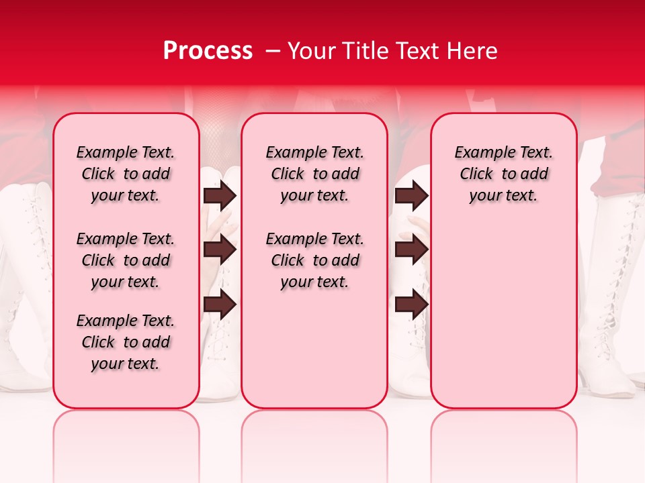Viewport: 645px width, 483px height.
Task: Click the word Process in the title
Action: click(x=208, y=51)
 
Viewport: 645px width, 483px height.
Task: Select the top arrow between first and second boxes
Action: click(x=220, y=196)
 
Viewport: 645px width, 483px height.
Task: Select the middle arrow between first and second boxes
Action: click(x=220, y=250)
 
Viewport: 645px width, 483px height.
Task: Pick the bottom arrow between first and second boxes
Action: click(x=220, y=305)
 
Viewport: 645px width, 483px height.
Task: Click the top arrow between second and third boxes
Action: click(x=411, y=196)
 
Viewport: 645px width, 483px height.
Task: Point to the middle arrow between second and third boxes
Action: click(x=411, y=250)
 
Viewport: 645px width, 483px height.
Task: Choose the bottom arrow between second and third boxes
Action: click(x=411, y=305)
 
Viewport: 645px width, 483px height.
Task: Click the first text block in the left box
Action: click(x=126, y=174)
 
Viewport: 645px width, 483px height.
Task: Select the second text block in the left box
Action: click(x=126, y=260)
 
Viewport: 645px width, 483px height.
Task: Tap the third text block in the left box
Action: click(x=126, y=342)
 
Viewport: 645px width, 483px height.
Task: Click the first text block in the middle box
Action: click(x=314, y=174)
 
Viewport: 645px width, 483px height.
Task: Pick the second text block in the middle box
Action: click(x=314, y=260)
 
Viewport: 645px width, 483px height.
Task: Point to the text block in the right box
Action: click(x=503, y=174)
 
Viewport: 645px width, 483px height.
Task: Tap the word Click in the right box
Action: click(x=476, y=174)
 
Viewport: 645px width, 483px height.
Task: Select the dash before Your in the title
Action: click(x=273, y=51)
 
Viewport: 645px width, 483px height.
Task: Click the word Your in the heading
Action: click(x=309, y=51)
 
